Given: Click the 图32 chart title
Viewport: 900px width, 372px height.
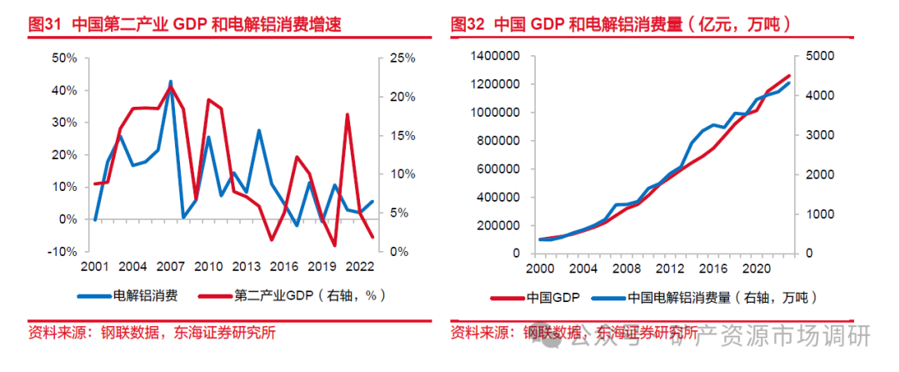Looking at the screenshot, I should click(620, 24).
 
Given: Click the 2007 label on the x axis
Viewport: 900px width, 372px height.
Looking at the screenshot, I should click(171, 267).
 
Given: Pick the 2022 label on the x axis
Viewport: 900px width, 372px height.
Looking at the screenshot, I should click(360, 267).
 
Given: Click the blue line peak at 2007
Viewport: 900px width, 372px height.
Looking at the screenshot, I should click(171, 82).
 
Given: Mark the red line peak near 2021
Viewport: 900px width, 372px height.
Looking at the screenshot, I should click(347, 114).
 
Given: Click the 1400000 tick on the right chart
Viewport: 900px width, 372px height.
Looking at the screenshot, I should click(496, 56).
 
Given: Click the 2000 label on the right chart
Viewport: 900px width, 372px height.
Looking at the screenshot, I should click(540, 269).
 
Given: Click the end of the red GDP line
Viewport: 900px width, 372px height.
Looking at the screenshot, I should click(789, 76).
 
